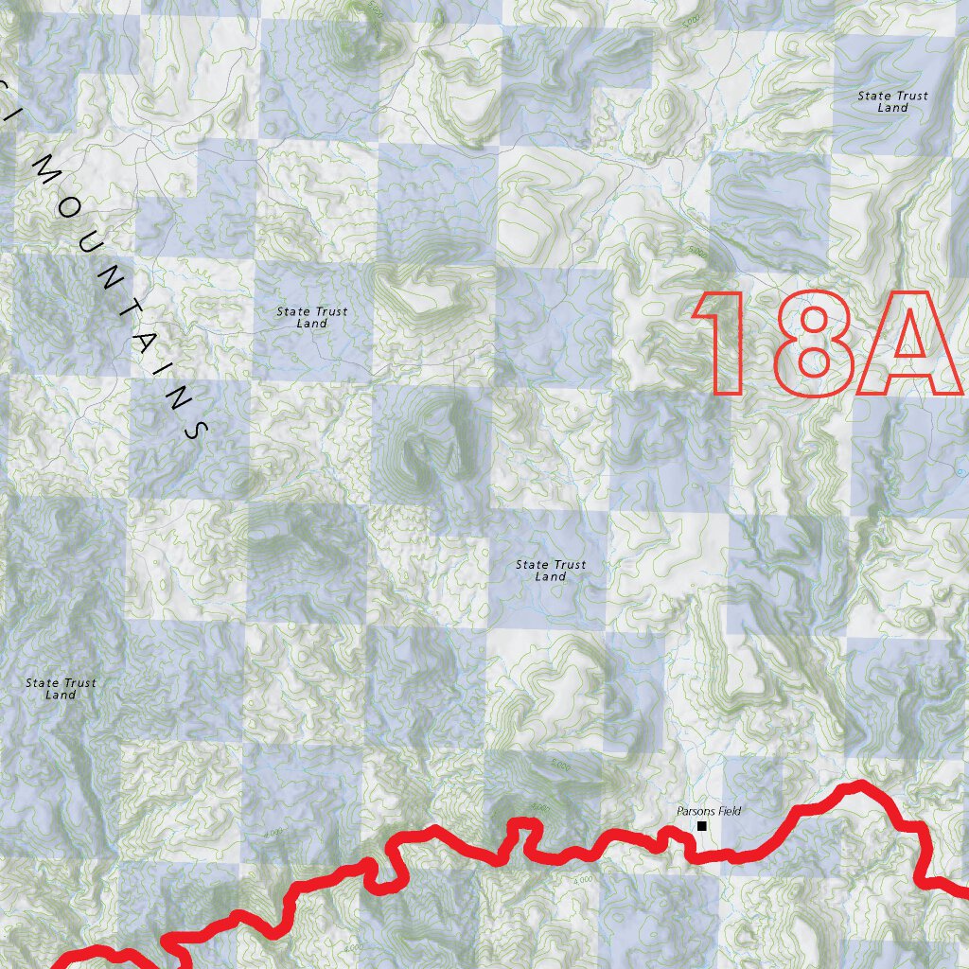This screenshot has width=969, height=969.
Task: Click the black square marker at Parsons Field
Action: pos(702,826)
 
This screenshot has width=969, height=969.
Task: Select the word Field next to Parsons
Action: pos(729,811)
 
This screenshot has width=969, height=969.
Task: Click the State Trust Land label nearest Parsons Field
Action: pos(550,570)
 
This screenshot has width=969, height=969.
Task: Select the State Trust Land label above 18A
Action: pos(892,101)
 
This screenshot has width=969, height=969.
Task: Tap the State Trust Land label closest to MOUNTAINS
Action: pos(311,317)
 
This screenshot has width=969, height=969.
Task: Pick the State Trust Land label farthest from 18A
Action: pos(61,688)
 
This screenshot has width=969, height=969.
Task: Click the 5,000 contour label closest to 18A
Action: pos(698,253)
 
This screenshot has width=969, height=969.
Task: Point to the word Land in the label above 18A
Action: pos(892,108)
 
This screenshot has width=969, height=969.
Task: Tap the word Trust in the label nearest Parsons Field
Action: pos(568,564)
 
